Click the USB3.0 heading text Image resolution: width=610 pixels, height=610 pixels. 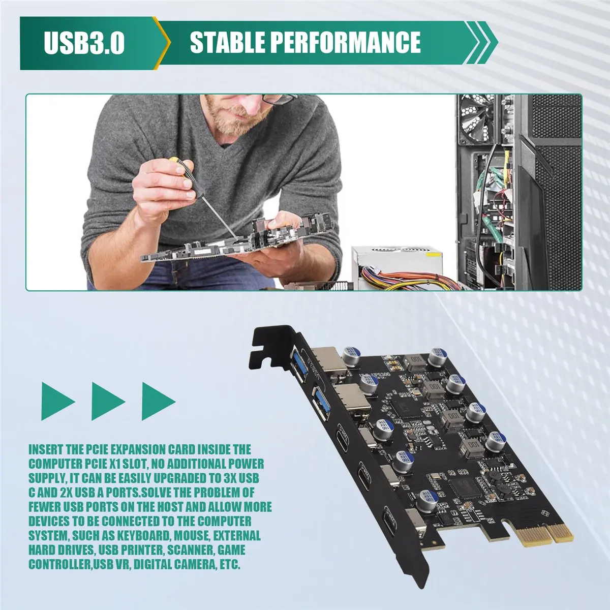point(84,43)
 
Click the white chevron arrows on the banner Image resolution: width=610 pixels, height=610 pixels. point(480,43)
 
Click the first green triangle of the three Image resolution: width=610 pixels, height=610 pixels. point(56,402)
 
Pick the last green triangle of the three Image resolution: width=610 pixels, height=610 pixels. point(157,402)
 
